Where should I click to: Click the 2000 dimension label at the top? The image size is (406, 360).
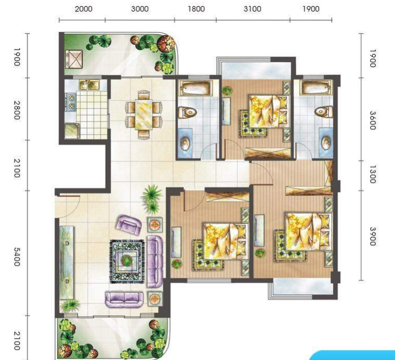tap(84, 9)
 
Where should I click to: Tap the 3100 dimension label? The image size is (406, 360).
tap(252, 9)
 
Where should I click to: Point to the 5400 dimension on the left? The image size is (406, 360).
tap(17, 257)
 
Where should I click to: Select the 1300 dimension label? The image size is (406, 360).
tap(372, 174)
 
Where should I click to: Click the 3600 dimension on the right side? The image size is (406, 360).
tap(372, 120)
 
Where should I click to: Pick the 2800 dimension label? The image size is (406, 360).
tap(17, 110)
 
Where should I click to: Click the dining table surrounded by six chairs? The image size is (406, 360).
tap(144, 114)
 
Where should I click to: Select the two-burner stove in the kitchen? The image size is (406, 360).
tap(71, 102)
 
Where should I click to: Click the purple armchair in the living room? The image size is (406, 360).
tap(128, 225)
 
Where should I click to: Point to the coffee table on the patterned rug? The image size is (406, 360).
tap(127, 260)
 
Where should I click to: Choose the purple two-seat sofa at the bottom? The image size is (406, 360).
tap(124, 300)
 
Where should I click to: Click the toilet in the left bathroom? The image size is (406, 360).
tap(187, 113)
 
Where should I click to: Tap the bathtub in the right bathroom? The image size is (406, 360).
tap(316, 88)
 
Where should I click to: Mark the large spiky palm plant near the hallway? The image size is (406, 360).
tap(152, 193)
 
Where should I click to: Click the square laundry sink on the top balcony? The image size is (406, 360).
tap(74, 59)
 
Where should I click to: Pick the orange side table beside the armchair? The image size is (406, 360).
tap(155, 225)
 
